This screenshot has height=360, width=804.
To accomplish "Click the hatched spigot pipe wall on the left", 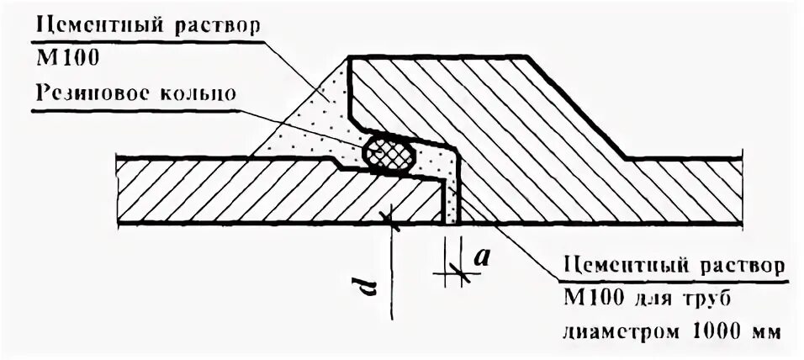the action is [252, 194].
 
